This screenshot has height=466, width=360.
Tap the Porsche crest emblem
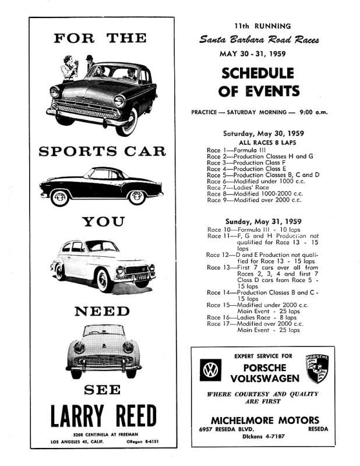click(x=317, y=369)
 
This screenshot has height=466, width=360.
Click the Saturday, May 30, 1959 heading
click(x=263, y=133)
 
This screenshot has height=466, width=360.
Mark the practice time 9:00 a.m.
click(x=319, y=111)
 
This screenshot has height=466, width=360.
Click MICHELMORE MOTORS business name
click(x=264, y=420)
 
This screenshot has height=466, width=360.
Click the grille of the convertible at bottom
click(x=103, y=359)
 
